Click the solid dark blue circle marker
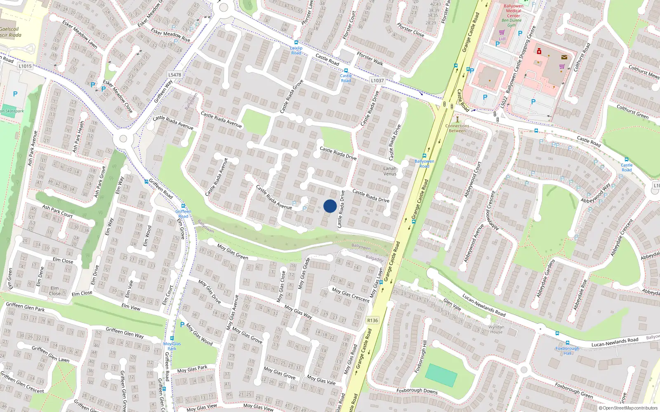pos(330,206)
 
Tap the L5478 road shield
pos(174,75)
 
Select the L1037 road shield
pos(377,81)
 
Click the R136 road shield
pos(372,320)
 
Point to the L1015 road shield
pos(25,66)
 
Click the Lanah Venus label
pos(390,171)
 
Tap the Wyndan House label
pos(496,330)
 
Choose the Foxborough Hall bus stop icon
pos(567,343)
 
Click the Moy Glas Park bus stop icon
pos(172,338)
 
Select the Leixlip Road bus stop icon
pos(296,42)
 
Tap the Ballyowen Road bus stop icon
pos(424,156)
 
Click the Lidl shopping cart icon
pos(502,32)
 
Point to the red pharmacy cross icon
pos(539,51)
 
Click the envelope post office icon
pos(564,57)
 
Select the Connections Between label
pos(457,128)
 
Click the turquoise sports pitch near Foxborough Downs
pos(441,375)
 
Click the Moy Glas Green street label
pos(233,252)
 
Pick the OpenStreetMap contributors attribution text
pos(628,408)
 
